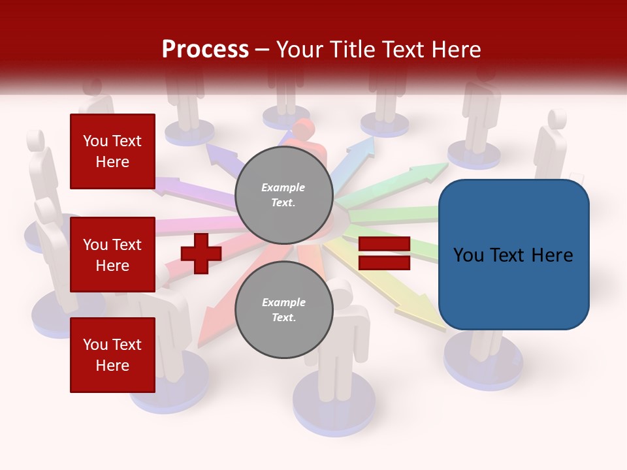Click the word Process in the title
click(205, 49)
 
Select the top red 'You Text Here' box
click(112, 151)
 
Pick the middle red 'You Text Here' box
click(112, 255)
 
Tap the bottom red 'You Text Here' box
click(112, 354)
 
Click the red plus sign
click(201, 253)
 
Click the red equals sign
click(384, 253)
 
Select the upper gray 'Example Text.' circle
click(283, 195)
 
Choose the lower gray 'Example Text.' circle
click(283, 310)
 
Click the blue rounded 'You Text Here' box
click(513, 255)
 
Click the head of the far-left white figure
click(35, 140)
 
